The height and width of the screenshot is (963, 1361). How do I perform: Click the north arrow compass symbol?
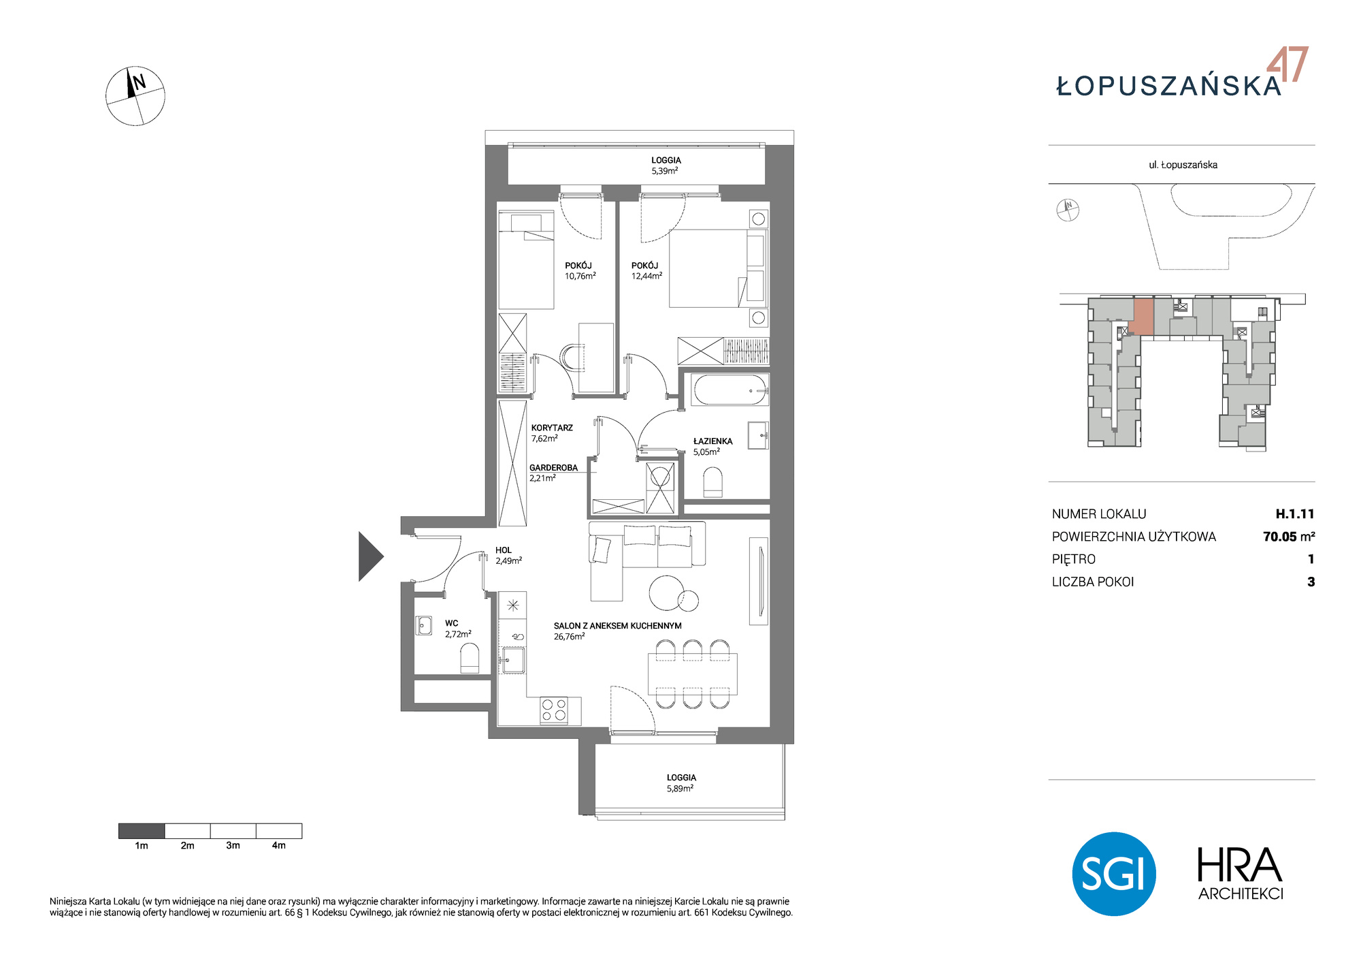tap(135, 96)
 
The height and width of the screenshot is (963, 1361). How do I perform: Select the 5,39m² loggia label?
tap(666, 165)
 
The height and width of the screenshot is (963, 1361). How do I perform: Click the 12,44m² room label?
tap(646, 271)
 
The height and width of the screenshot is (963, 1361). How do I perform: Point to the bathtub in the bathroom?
tap(730, 390)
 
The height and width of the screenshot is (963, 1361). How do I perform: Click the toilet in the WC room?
tap(470, 659)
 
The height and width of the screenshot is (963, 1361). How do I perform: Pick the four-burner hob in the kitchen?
tap(554, 710)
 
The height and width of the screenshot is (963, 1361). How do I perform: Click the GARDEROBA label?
tap(553, 468)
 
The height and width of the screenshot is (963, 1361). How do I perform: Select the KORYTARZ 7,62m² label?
tap(552, 433)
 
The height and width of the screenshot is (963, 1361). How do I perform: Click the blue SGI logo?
tap(1114, 873)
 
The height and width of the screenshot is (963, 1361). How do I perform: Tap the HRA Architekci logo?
tap(1240, 874)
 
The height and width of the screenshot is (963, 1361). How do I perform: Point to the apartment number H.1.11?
tap(1294, 514)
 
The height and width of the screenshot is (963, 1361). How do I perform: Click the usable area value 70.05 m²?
tap(1289, 537)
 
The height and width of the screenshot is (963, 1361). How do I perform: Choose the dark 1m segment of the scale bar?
tap(142, 831)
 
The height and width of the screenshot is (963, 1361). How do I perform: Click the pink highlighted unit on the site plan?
tap(1143, 317)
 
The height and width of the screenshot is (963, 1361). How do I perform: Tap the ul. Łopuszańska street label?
tap(1183, 165)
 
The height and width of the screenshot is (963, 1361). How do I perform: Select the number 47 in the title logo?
tap(1288, 65)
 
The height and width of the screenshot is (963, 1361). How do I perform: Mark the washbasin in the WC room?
tap(424, 625)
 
